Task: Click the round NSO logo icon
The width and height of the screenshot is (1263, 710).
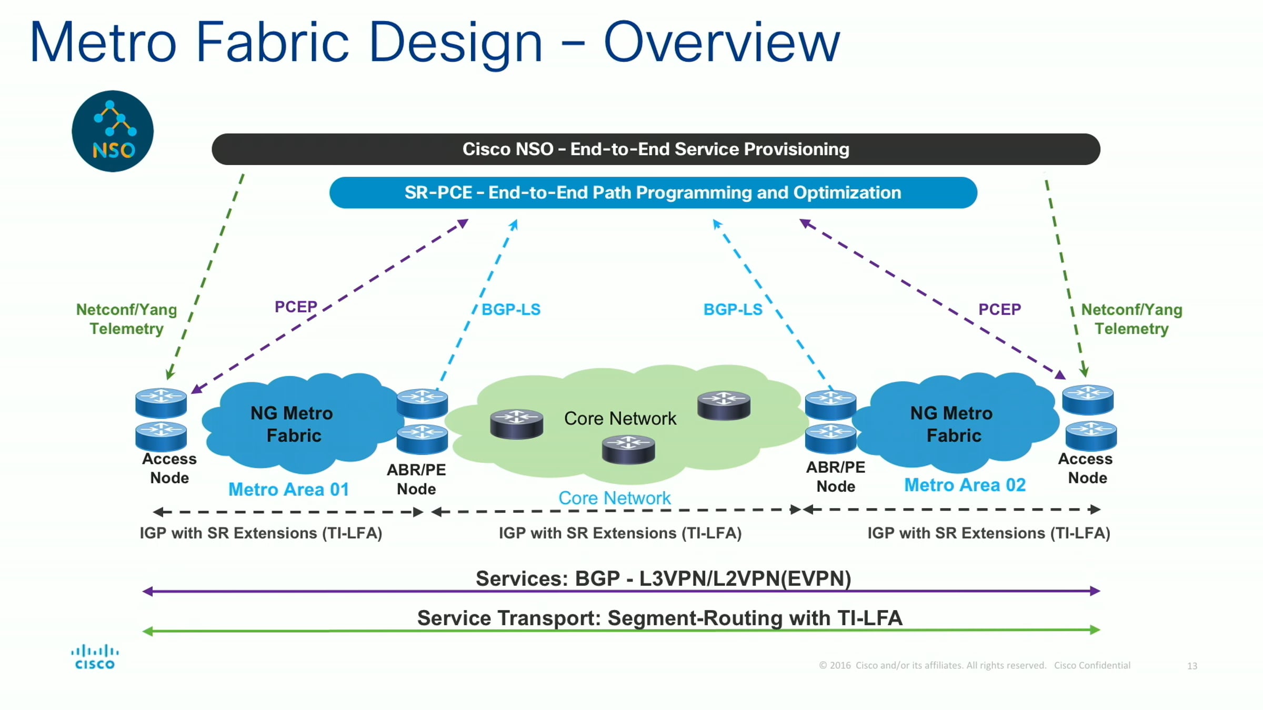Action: pyautogui.click(x=113, y=131)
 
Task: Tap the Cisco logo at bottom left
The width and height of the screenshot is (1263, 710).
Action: pyautogui.click(x=95, y=657)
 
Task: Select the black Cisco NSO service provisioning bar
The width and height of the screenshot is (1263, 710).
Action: pyautogui.click(x=656, y=149)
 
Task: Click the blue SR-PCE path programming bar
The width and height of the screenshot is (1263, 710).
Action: pyautogui.click(x=653, y=193)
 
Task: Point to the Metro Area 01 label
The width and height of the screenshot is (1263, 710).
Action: pyautogui.click(x=289, y=490)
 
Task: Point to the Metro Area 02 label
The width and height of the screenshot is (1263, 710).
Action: pyautogui.click(x=965, y=485)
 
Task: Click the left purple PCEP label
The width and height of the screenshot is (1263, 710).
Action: pyautogui.click(x=296, y=307)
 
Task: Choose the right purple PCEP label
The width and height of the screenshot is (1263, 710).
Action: pyautogui.click(x=999, y=309)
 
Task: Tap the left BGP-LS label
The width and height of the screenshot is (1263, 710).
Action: pyautogui.click(x=511, y=309)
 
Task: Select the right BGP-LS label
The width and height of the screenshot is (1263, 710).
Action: pyautogui.click(x=733, y=309)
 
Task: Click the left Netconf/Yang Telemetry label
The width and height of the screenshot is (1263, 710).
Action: pyautogui.click(x=126, y=319)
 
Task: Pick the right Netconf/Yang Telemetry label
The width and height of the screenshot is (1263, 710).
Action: pyautogui.click(x=1131, y=319)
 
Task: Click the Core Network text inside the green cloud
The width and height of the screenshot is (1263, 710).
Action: pyautogui.click(x=620, y=419)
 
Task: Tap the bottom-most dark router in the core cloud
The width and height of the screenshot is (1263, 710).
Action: pyautogui.click(x=628, y=450)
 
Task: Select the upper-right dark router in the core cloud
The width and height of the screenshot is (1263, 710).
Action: pyautogui.click(x=724, y=405)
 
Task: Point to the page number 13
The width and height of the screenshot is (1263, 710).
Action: pyautogui.click(x=1192, y=666)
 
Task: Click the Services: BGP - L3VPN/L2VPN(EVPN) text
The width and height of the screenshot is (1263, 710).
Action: pyautogui.click(x=663, y=579)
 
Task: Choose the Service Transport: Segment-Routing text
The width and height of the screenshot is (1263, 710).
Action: pyautogui.click(x=660, y=618)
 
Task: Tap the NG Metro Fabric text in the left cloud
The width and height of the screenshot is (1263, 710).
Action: pyautogui.click(x=293, y=424)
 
